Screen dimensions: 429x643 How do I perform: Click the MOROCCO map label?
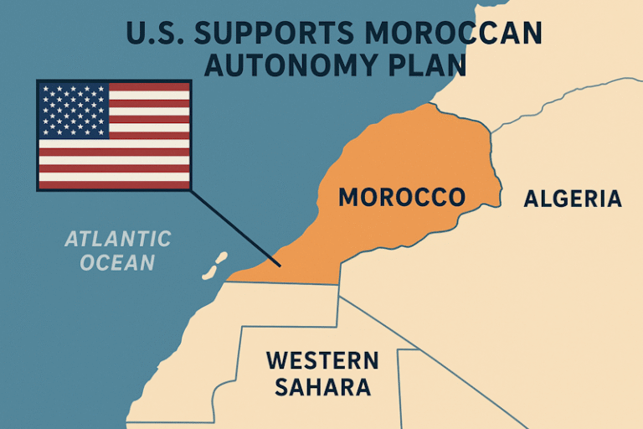(401, 198)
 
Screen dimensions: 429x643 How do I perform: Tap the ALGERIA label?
(573, 199)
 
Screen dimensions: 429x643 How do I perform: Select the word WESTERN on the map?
(321, 361)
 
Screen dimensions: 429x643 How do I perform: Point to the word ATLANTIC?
(118, 239)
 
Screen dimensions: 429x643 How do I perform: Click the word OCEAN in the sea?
(119, 262)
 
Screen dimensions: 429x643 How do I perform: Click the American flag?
(114, 135)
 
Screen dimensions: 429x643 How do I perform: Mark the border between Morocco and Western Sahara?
(285, 283)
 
